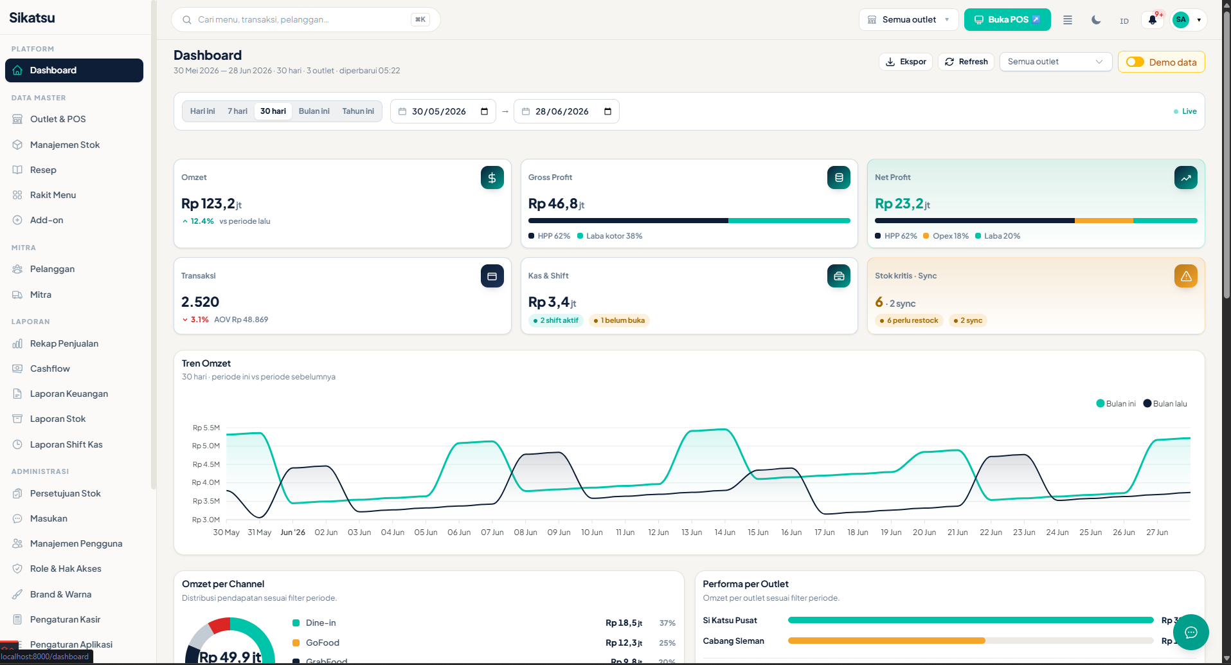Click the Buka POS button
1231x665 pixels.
click(x=1007, y=20)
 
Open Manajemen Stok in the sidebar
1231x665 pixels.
click(x=64, y=145)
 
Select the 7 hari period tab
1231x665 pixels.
click(x=237, y=111)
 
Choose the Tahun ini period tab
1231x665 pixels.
click(x=358, y=111)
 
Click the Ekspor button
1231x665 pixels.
click(x=905, y=62)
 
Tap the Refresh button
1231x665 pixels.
click(x=966, y=62)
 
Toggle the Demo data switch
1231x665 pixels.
click(x=1135, y=62)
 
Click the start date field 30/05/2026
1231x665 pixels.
click(x=443, y=111)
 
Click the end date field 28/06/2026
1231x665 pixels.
click(x=566, y=111)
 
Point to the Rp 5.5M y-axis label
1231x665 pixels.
click(x=206, y=428)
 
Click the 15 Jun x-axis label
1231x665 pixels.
click(x=758, y=533)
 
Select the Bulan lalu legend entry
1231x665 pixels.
click(x=1165, y=404)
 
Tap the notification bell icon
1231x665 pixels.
click(x=1153, y=20)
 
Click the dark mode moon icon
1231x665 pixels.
click(x=1096, y=20)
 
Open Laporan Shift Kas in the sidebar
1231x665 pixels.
click(x=66, y=444)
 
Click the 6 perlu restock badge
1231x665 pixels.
click(x=908, y=320)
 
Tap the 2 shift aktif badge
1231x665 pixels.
click(x=555, y=320)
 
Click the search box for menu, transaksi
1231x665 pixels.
click(x=305, y=20)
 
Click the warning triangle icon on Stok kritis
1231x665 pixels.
click(x=1186, y=276)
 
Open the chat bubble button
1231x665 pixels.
click(x=1191, y=632)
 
